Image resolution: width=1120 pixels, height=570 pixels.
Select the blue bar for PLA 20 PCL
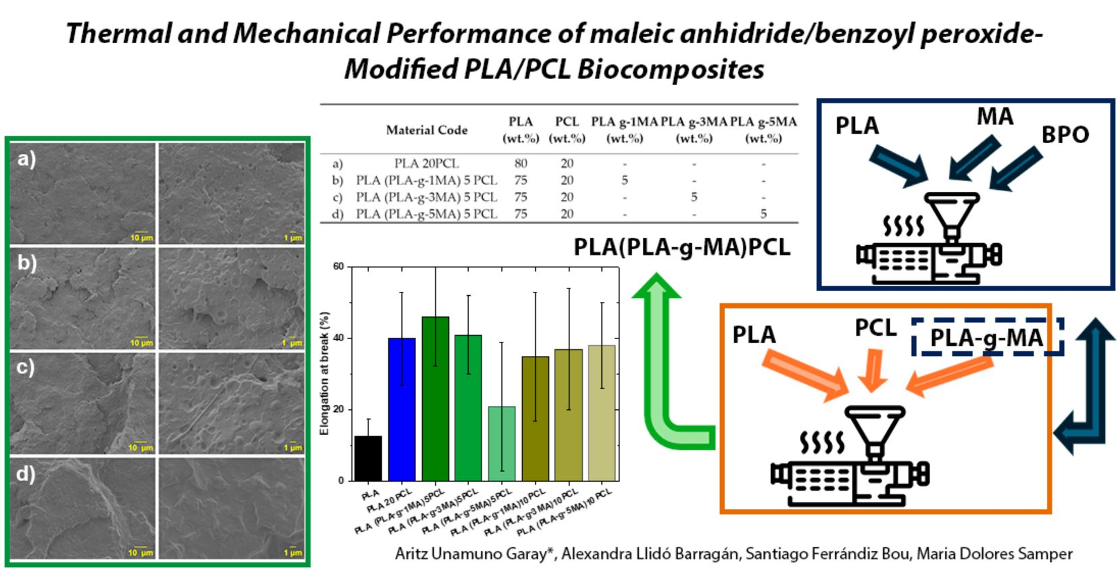[401, 409]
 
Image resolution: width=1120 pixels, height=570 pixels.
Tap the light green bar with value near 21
[501, 443]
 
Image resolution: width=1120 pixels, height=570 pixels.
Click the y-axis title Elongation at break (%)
[325, 373]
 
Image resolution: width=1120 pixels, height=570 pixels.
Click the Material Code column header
[426, 130]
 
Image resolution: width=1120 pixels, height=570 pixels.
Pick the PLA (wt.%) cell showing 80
[520, 163]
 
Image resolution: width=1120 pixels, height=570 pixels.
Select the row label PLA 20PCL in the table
[426, 163]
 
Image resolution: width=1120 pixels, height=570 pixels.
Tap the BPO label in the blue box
[1065, 135]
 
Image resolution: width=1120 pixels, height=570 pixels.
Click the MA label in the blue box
[995, 117]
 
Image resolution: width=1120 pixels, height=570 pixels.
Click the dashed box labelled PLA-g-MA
[987, 337]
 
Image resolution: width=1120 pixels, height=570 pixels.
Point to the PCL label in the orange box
[875, 328]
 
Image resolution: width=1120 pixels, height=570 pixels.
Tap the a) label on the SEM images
[26, 159]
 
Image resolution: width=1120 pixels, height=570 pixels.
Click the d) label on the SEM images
[26, 473]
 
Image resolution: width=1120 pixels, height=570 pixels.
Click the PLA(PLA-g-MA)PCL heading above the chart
[682, 247]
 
